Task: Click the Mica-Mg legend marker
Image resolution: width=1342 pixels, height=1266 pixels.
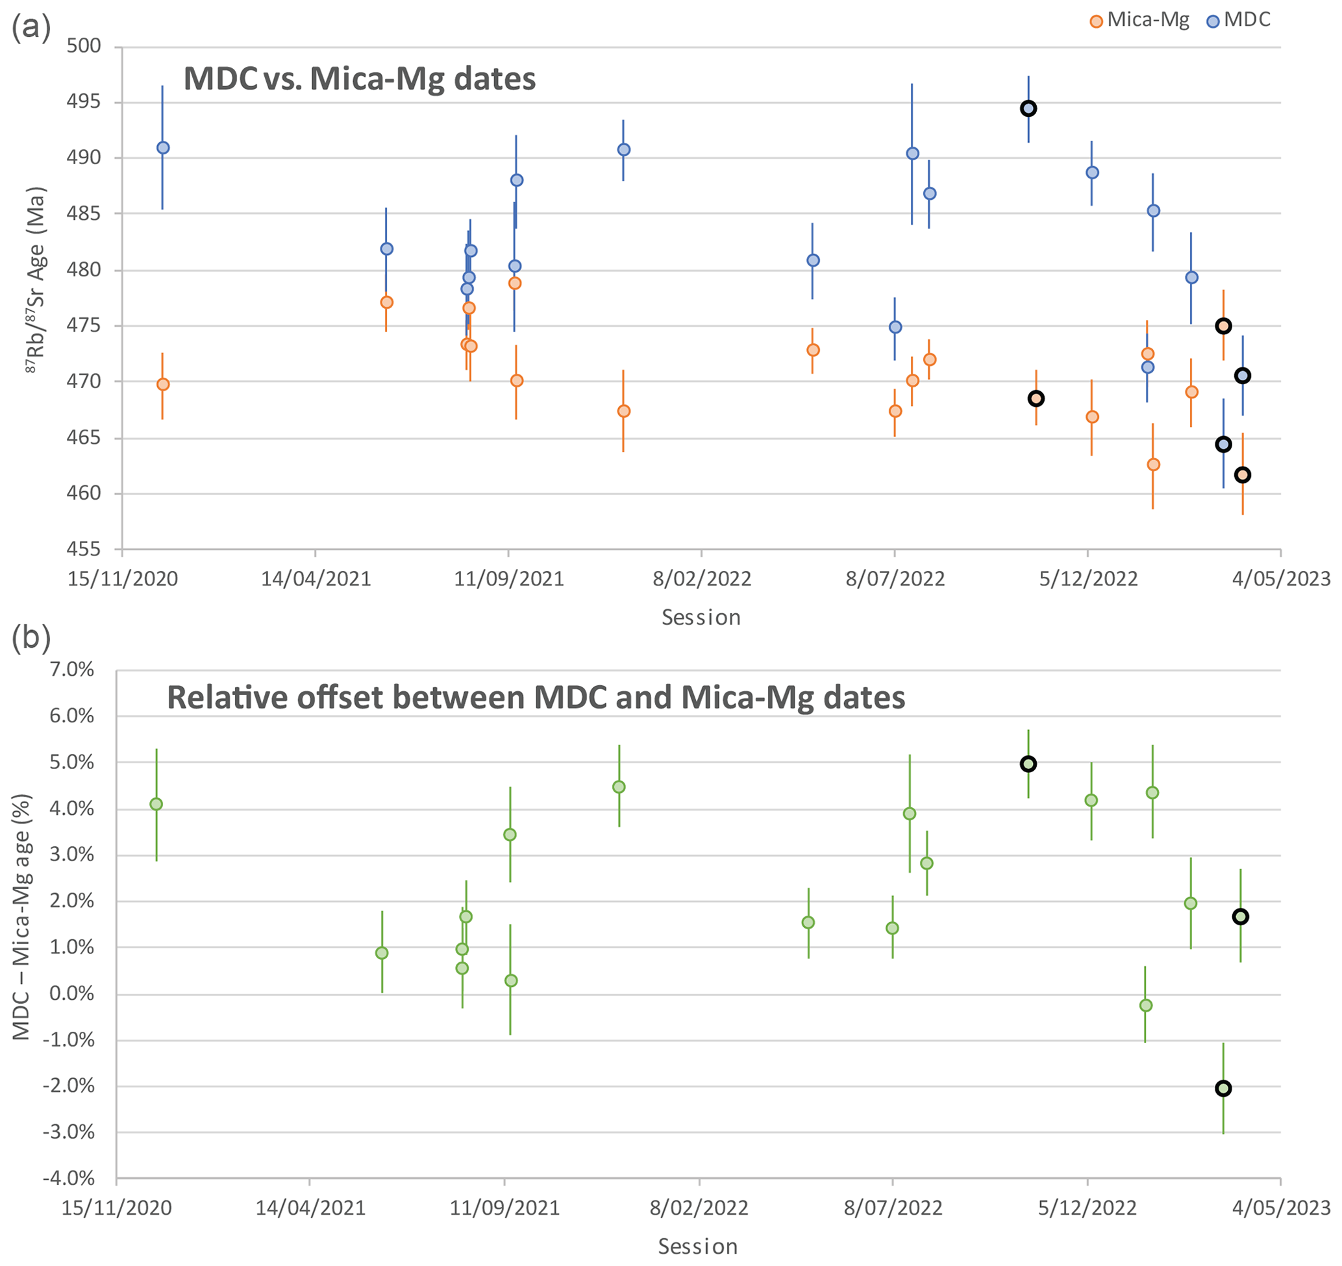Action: click(x=1097, y=21)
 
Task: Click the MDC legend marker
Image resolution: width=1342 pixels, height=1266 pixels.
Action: click(x=1213, y=21)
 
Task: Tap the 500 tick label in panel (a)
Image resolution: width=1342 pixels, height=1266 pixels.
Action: click(x=84, y=46)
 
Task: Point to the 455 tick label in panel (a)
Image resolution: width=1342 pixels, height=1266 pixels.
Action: click(x=84, y=550)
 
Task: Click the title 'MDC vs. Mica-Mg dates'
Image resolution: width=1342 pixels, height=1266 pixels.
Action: click(x=359, y=79)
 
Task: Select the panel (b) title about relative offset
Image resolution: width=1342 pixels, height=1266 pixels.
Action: click(x=536, y=698)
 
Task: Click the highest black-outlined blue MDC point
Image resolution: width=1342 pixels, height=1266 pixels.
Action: click(x=1028, y=108)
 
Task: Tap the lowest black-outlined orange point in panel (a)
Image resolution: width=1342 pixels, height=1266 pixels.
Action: click(x=1243, y=475)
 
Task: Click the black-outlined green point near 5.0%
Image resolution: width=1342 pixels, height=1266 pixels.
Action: click(x=1028, y=764)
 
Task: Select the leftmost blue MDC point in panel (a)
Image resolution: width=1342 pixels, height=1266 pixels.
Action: click(x=163, y=148)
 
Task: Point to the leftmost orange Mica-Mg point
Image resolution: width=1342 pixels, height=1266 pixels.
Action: click(x=163, y=385)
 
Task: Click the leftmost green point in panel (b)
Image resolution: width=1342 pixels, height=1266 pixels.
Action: click(x=156, y=804)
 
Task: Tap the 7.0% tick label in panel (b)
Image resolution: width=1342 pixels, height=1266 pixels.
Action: click(x=71, y=670)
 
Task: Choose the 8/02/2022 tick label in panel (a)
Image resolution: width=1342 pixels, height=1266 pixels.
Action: click(x=701, y=579)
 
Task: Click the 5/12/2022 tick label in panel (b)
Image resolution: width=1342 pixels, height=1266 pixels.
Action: click(x=1087, y=1208)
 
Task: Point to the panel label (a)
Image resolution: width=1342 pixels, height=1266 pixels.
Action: click(x=31, y=29)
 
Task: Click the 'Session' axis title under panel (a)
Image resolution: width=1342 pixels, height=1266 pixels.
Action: click(x=701, y=618)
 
